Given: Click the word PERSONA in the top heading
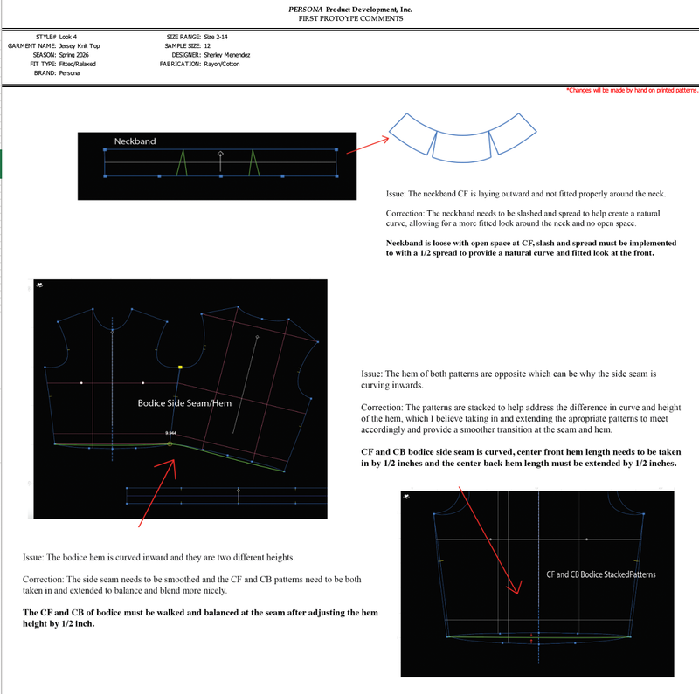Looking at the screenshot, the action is pos(305,10).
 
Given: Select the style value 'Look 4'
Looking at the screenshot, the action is pos(68,37).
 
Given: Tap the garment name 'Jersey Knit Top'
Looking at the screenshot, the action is pos(80,46).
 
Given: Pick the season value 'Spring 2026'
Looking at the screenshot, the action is pos(74,55).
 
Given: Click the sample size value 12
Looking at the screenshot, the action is pos(207,46).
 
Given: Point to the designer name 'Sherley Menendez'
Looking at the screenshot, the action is pos(227,55).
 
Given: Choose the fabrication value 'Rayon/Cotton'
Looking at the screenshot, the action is pos(222,64).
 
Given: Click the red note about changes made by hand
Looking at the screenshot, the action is pos(632,91).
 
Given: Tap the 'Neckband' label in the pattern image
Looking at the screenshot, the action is pos(135,141).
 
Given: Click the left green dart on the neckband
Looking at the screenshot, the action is pos(182,162).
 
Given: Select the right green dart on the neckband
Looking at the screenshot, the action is pos(253,162).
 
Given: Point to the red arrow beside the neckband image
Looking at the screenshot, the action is pos(368,146).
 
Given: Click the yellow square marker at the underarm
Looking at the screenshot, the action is pos(180,367).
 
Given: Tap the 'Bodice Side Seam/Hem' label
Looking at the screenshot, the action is pos(184,403).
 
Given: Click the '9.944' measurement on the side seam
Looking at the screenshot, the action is pos(170,433).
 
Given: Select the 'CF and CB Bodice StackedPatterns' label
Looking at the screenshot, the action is pos(601,574).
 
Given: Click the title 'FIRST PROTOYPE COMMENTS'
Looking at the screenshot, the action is pos(351,18).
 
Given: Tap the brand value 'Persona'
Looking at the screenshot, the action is pos(70,73).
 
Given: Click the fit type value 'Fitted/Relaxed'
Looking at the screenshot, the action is pos(78,64).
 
